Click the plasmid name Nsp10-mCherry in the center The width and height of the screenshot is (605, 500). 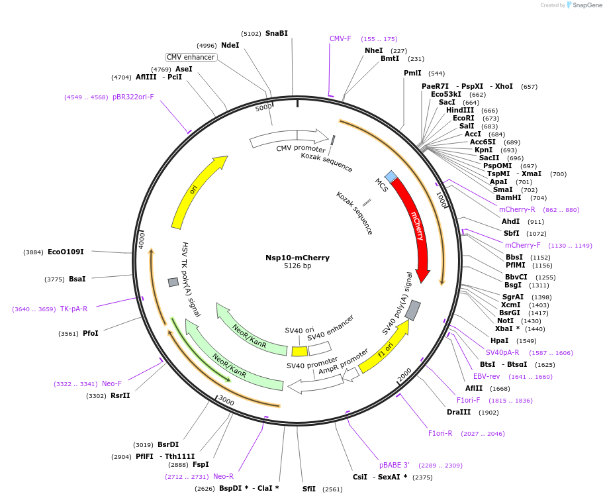[x=297, y=258]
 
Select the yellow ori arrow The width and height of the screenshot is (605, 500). [x=195, y=191]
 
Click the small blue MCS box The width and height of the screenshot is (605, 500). [x=391, y=176]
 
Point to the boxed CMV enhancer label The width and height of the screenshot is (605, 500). [x=191, y=58]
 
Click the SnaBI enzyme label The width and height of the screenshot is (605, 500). [x=276, y=33]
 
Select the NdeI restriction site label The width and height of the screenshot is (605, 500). [x=230, y=45]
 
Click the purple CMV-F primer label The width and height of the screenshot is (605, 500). [x=340, y=38]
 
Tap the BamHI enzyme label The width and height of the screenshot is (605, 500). [x=508, y=197]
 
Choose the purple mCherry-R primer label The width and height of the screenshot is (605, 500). [x=517, y=209]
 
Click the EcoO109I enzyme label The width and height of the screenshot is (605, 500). [x=66, y=252]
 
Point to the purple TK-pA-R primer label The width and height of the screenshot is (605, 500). [x=73, y=309]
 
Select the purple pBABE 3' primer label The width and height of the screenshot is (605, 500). [x=394, y=464]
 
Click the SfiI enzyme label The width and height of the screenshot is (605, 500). [x=309, y=489]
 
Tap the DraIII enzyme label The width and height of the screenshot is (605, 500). [x=459, y=412]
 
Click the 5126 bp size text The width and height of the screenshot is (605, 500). [x=297, y=266]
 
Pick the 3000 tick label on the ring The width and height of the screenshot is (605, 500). [x=226, y=401]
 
